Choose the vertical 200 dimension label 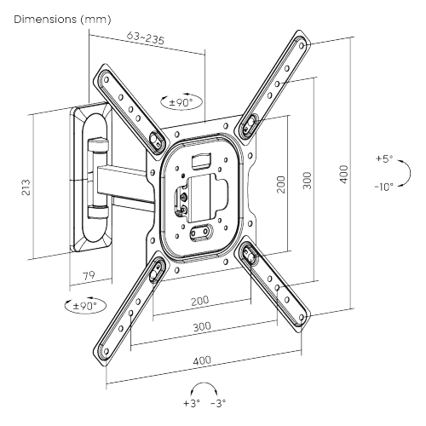279,185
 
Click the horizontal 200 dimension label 199,301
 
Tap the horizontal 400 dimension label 201,360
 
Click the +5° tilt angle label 384,159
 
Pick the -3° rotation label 219,402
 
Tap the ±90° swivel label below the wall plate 83,305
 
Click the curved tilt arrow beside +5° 406,174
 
